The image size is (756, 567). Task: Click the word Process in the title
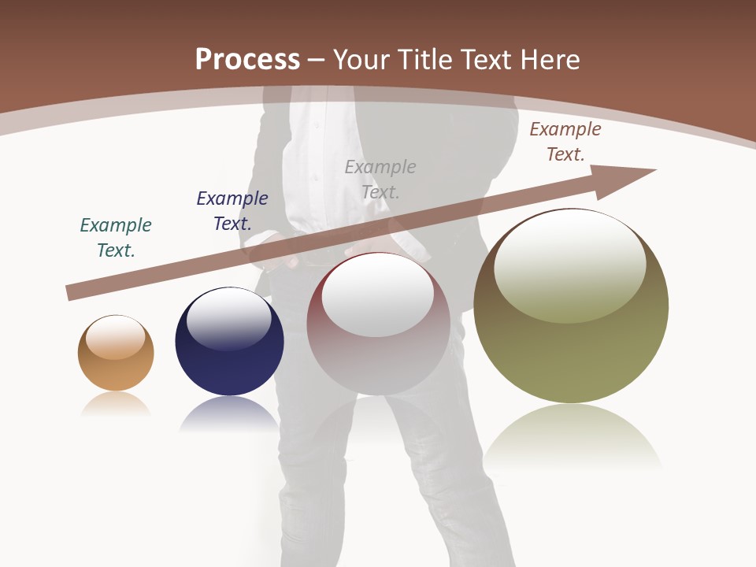pos(247,60)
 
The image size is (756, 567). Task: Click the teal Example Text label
pos(116,238)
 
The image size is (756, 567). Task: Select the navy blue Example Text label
pos(232,211)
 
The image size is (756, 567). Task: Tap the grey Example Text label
pos(380,179)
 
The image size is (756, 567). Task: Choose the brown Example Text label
pos(565,142)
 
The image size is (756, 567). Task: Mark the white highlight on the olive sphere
pos(569,264)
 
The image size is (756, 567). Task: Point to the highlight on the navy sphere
pos(228,317)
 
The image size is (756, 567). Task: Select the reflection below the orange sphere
pos(116,403)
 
